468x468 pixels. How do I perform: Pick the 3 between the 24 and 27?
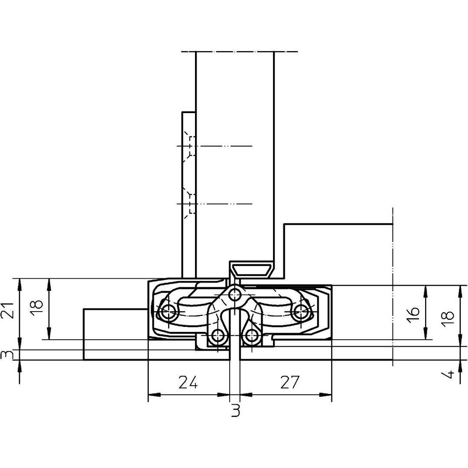pyautogui.click(x=236, y=410)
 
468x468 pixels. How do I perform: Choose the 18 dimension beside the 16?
pyautogui.click(x=448, y=319)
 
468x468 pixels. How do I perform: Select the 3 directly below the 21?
pyautogui.click(x=7, y=355)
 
